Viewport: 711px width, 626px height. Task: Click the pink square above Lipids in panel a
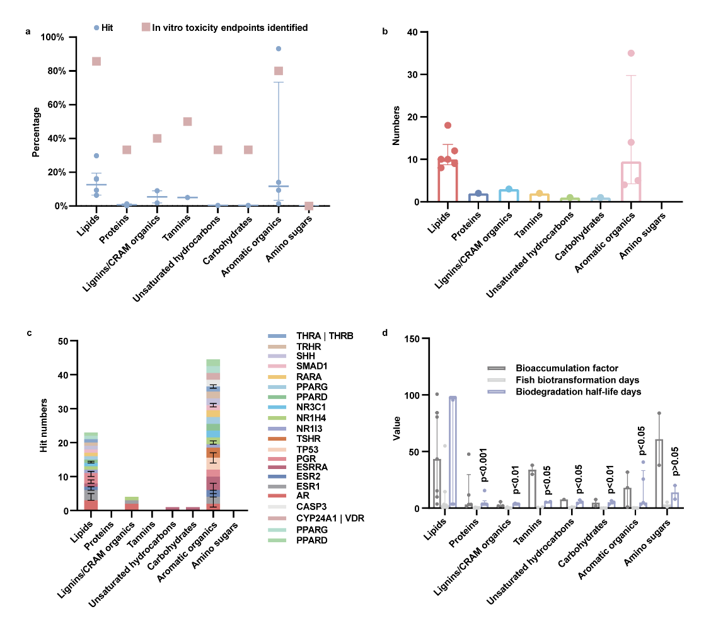pyautogui.click(x=96, y=61)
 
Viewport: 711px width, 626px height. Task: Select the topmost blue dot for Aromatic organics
pyautogui.click(x=278, y=49)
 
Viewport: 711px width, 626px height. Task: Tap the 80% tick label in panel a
pyautogui.click(x=54, y=71)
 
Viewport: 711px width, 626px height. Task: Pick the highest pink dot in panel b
pyautogui.click(x=630, y=53)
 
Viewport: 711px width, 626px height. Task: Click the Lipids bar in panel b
pyautogui.click(x=447, y=183)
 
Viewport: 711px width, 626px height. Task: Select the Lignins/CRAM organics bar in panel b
pyautogui.click(x=508, y=195)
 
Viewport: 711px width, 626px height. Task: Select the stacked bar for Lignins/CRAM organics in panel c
pyautogui.click(x=132, y=504)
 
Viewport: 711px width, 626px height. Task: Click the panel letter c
pyautogui.click(x=28, y=332)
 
